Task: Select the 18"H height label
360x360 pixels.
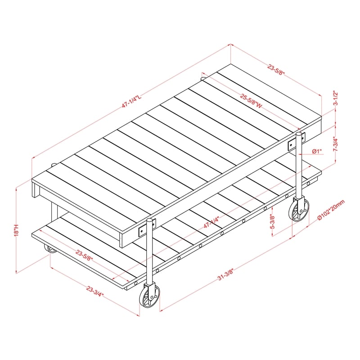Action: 16,230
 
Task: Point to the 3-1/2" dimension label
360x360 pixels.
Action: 335,98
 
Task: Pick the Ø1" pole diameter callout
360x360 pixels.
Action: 317,151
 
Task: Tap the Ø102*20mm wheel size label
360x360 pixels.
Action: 331,210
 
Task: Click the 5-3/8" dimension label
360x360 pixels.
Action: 273,221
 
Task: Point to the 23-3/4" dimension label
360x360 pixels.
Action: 95,291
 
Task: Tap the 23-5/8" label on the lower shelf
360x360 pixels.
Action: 84,255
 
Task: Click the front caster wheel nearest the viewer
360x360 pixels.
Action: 149,296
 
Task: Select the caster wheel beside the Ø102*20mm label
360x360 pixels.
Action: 299,209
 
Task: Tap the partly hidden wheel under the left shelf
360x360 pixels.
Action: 50,249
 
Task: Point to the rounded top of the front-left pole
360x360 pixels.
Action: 149,220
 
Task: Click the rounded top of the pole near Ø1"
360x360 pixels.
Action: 299,134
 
